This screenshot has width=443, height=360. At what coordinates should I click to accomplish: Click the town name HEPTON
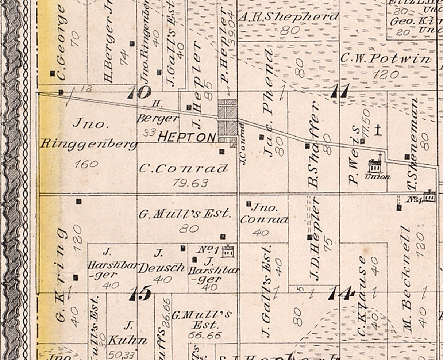pos(187,137)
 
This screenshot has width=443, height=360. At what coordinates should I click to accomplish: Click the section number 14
pos(342,292)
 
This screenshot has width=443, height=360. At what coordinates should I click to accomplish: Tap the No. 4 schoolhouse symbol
pos(430,196)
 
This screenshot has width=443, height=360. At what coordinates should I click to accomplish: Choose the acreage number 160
pos(86,164)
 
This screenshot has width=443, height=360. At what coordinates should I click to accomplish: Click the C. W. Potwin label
pos(385,59)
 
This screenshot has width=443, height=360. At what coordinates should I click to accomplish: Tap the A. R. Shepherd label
pos(288,17)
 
